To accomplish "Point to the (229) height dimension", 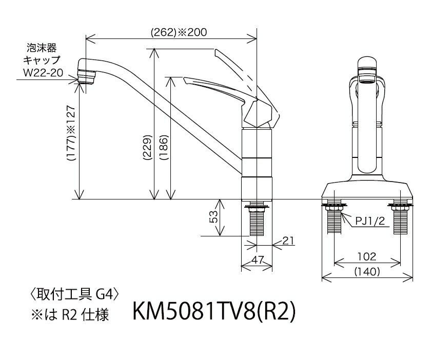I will click(147, 149).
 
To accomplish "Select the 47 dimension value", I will click(257, 261).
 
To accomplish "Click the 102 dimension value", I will click(366, 256).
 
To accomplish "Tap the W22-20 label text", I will click(44, 73).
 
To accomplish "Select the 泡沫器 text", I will click(44, 49).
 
